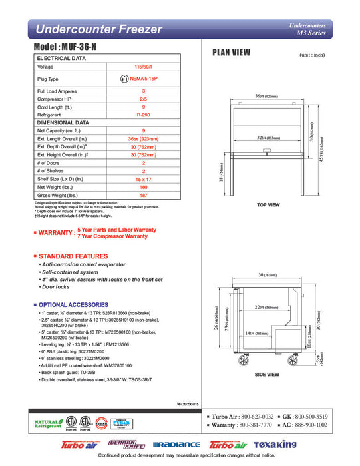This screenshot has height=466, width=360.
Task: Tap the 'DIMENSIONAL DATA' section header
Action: [x=63, y=122]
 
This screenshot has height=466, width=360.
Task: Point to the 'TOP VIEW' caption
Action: [x=267, y=205]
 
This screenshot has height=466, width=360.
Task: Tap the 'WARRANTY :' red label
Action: [x=54, y=233]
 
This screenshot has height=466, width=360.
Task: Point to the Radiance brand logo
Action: [x=176, y=445]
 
